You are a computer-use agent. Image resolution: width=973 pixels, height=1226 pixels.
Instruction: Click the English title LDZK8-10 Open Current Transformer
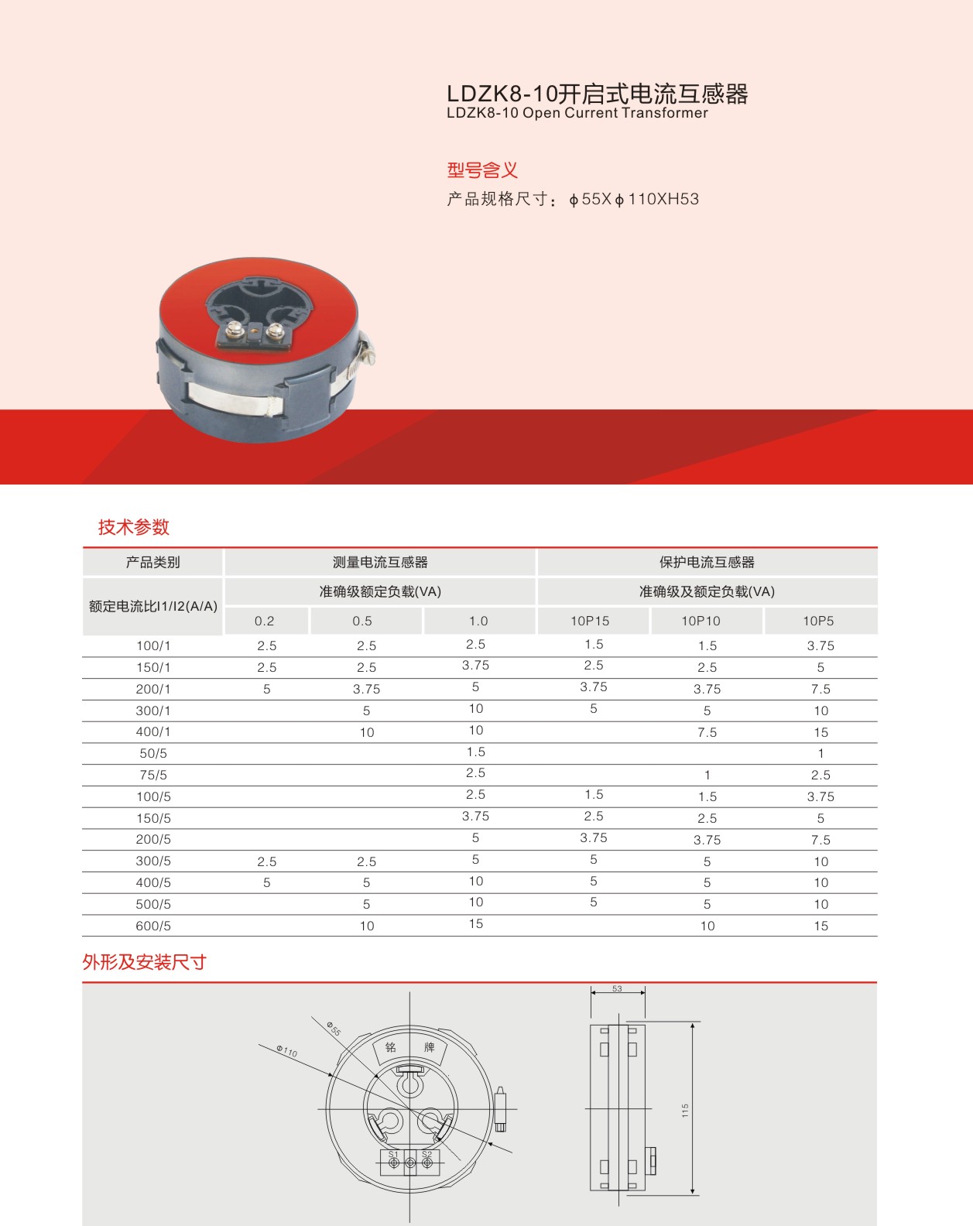point(577,113)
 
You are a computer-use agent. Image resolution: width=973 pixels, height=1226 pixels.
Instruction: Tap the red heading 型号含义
point(481,170)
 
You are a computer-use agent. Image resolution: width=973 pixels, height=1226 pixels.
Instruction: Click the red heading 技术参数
point(133,527)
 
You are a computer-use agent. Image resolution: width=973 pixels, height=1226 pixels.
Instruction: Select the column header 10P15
point(590,621)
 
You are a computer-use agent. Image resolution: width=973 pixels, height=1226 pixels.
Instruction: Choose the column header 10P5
point(818,621)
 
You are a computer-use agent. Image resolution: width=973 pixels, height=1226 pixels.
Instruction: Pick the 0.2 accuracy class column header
point(264,621)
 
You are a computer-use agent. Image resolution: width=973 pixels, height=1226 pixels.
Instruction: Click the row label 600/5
point(153,926)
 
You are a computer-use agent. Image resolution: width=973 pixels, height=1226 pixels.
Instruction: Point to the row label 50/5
point(153,753)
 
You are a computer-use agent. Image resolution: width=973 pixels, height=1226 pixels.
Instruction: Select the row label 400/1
point(153,731)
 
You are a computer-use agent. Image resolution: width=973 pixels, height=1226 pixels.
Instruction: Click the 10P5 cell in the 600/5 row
point(821,926)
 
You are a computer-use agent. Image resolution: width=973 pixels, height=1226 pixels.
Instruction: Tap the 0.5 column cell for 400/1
point(366,732)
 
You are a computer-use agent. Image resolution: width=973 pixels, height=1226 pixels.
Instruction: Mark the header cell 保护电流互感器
point(707,562)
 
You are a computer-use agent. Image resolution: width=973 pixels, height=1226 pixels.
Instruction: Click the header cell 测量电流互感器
point(380,562)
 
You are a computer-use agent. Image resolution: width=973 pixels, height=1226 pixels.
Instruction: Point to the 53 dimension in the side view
point(617,988)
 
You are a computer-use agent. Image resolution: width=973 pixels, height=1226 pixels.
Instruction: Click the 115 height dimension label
point(685,1110)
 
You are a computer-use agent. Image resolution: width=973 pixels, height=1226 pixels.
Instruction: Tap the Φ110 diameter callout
point(287,1050)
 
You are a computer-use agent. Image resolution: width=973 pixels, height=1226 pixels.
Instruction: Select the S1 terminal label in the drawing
point(393,1155)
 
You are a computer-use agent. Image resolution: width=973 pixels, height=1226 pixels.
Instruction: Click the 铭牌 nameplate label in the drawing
point(409,1047)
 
